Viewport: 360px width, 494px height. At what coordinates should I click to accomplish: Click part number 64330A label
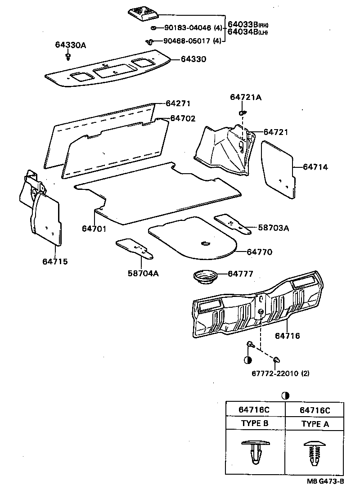70,45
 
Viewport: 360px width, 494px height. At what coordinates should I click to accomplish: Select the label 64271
178,103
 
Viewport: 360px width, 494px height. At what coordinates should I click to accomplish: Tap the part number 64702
183,118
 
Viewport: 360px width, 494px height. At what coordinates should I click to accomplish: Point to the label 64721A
245,97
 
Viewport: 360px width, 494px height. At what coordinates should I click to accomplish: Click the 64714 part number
315,167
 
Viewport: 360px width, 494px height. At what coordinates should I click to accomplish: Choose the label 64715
55,261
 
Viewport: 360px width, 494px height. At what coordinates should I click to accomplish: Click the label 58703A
273,228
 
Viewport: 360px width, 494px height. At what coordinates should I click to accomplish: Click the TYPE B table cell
255,423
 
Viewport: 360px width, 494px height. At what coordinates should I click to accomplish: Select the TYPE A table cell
315,423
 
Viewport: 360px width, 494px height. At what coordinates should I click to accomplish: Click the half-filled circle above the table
285,395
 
